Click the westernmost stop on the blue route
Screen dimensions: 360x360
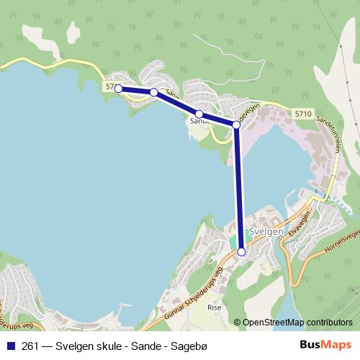click(x=118, y=89)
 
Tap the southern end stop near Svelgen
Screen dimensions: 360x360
click(x=241, y=252)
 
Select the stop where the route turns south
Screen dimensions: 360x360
click(x=236, y=125)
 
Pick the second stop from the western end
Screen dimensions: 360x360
click(x=153, y=92)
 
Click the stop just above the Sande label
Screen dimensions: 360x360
click(x=198, y=114)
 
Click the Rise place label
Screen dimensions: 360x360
click(x=214, y=307)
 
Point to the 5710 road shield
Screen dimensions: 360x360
click(x=303, y=114)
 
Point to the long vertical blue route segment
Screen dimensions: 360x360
click(x=238, y=187)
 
